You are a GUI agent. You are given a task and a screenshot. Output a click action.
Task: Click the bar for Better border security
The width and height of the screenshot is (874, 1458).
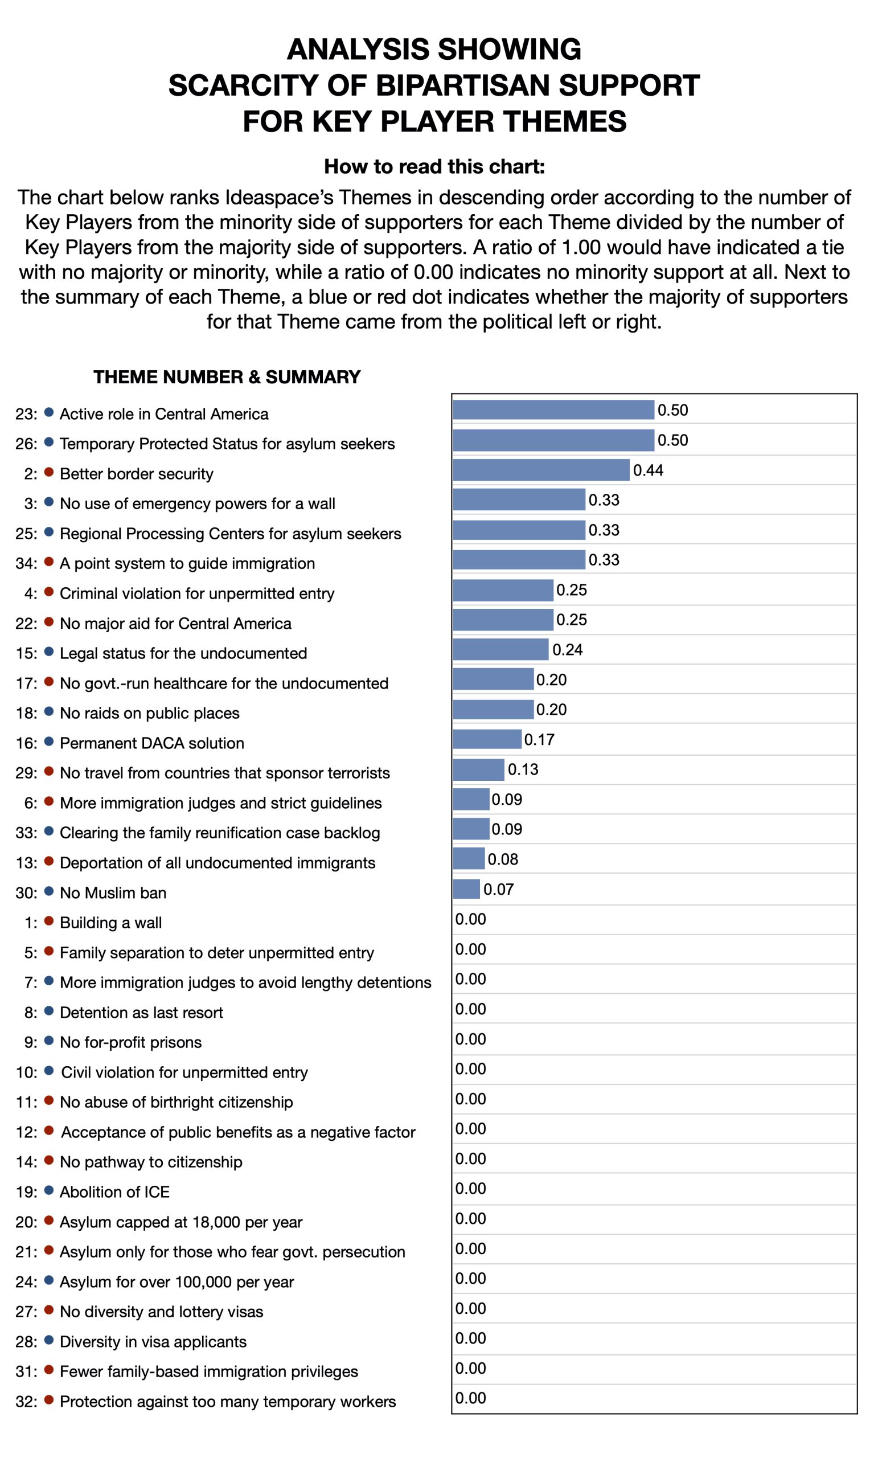(541, 470)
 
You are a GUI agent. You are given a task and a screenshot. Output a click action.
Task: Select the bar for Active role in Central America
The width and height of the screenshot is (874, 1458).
(553, 410)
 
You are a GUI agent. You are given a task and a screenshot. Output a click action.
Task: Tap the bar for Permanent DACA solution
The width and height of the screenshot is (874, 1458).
(487, 739)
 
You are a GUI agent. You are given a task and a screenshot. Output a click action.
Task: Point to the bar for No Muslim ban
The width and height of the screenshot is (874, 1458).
(466, 888)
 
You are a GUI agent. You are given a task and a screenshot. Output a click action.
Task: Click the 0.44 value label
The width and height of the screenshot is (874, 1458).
(648, 470)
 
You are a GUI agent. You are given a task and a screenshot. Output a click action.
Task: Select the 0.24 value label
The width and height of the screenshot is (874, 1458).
(567, 650)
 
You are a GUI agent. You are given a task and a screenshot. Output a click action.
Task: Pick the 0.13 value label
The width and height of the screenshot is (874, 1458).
(523, 769)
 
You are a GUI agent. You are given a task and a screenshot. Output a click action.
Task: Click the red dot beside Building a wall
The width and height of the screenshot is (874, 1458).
(50, 921)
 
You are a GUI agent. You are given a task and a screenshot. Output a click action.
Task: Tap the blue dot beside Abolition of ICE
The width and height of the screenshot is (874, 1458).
(50, 1190)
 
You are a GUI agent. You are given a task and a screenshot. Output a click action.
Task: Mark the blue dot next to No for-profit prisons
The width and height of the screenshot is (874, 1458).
(50, 1041)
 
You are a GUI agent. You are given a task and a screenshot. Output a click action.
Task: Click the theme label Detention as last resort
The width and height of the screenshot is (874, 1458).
(141, 1013)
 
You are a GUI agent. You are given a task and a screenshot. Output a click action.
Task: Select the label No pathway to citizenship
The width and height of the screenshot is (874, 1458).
(151, 1162)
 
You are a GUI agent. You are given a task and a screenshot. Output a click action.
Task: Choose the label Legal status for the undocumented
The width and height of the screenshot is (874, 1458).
(183, 653)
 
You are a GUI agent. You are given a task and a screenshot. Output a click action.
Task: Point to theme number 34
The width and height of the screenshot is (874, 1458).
(27, 564)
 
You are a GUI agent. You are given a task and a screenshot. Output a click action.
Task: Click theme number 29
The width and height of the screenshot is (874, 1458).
(27, 773)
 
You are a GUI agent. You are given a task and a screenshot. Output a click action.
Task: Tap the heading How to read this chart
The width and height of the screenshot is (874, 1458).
(434, 167)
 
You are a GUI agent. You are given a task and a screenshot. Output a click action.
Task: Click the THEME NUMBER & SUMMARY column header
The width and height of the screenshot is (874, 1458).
(227, 377)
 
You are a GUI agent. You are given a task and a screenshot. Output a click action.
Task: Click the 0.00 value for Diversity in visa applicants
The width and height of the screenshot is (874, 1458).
(470, 1338)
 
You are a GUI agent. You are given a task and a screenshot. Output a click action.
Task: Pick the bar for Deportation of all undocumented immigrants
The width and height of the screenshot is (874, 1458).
(469, 858)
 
